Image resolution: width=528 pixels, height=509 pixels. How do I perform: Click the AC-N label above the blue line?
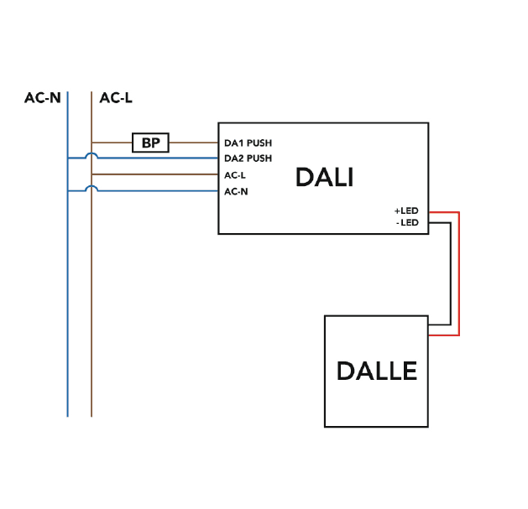(42, 98)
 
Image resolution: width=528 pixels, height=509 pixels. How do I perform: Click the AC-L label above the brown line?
(115, 98)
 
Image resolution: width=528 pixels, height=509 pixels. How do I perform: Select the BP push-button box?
(151, 143)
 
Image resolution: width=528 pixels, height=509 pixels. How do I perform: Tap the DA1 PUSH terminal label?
(248, 143)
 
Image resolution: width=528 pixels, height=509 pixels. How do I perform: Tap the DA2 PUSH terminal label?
(248, 158)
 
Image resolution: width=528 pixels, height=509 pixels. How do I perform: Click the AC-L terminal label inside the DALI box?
(235, 175)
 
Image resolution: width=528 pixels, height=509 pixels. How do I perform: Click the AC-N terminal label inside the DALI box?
(236, 192)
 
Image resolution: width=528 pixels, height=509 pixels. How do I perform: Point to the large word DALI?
(324, 178)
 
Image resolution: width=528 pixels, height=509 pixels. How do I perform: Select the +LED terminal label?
(406, 210)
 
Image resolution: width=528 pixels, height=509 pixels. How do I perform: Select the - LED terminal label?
(407, 223)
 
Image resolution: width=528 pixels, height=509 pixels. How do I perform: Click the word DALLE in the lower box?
(377, 371)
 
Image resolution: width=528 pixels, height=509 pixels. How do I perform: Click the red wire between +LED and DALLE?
(459, 277)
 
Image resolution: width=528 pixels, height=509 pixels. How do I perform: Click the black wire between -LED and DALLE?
(451, 277)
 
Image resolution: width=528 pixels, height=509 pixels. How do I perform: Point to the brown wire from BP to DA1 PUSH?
(193, 143)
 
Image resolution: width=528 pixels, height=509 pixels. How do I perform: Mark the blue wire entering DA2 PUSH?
(159, 158)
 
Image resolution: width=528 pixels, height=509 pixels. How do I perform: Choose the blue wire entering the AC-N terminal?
(159, 191)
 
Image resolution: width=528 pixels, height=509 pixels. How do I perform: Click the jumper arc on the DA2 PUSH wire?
(91, 155)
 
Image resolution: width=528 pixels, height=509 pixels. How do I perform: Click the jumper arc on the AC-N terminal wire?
(91, 189)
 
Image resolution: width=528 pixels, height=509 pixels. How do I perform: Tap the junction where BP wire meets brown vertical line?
(91, 143)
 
